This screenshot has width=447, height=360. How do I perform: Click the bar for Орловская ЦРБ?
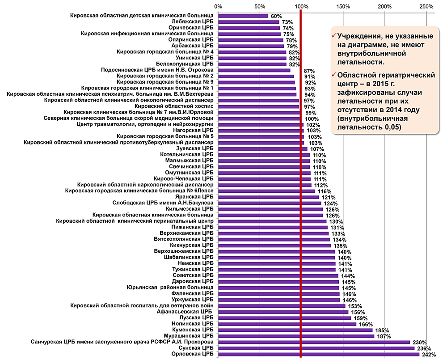[318, 355]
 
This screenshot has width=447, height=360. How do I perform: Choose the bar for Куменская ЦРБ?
[295, 330]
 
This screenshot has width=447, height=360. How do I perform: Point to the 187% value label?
[384, 336]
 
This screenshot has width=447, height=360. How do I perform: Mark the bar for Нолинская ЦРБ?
[287, 324]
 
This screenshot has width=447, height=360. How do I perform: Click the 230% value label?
[420, 343]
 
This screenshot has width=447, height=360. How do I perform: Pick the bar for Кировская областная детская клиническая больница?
[243, 16]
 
